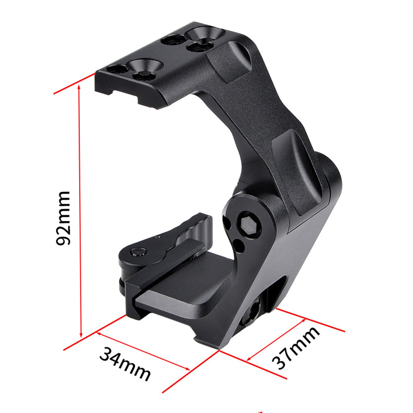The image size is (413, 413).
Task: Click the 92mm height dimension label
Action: [x=63, y=218]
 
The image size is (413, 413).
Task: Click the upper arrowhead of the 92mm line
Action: [x=79, y=87]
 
